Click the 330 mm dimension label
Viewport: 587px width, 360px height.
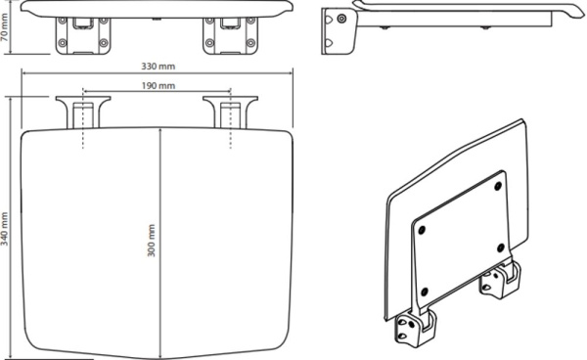pyautogui.click(x=158, y=67)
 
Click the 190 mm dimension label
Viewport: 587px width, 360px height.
pyautogui.click(x=158, y=86)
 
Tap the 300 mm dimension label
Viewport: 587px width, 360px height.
pyautogui.click(x=151, y=241)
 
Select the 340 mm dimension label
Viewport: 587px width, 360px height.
pyautogui.click(x=5, y=229)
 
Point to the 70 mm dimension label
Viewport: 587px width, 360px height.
pyautogui.click(x=5, y=27)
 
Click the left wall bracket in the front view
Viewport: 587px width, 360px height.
pyautogui.click(x=83, y=35)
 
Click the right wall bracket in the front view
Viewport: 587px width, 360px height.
pyautogui.click(x=230, y=35)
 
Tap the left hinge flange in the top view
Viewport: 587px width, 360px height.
pyautogui.click(x=83, y=112)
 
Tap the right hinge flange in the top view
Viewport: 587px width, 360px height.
pyautogui.click(x=230, y=112)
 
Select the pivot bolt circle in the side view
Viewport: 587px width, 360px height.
pyautogui.click(x=341, y=19)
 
